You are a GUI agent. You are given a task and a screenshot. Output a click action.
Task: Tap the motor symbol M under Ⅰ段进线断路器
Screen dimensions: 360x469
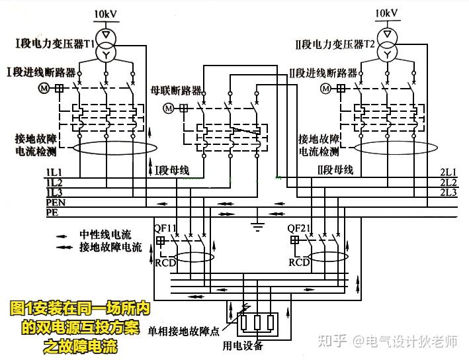pos(45,88)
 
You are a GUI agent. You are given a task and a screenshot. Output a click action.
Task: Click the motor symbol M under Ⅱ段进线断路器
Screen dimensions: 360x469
pos(325,88)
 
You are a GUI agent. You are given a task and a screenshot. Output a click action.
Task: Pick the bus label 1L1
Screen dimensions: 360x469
pos(54,173)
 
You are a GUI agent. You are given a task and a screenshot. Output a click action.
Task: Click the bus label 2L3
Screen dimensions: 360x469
pos(448,193)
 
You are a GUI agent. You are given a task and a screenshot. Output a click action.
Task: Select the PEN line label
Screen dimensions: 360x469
pos(55,202)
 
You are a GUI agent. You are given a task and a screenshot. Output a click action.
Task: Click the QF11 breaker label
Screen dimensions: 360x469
pos(165,228)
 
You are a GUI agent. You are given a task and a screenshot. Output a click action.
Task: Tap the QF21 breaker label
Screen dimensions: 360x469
pos(300,228)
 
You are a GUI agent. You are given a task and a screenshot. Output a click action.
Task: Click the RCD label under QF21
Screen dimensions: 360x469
pos(299,262)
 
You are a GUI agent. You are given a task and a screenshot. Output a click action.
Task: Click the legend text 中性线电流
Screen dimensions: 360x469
pos(106,234)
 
